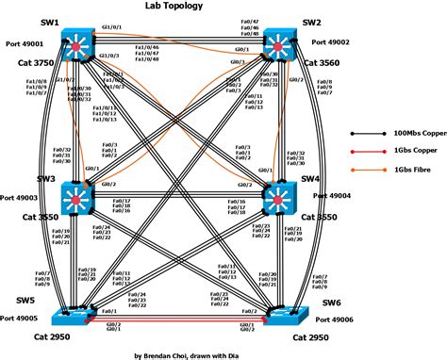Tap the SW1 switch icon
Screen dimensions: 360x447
pos(74,42)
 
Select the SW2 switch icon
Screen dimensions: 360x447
pos(280,42)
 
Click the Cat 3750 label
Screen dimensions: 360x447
pos(26,62)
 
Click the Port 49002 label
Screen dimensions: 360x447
pos(331,41)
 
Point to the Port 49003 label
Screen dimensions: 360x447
pos(21,197)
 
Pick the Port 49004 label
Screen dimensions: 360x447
pos(333,197)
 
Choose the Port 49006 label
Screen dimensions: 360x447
pos(331,319)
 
